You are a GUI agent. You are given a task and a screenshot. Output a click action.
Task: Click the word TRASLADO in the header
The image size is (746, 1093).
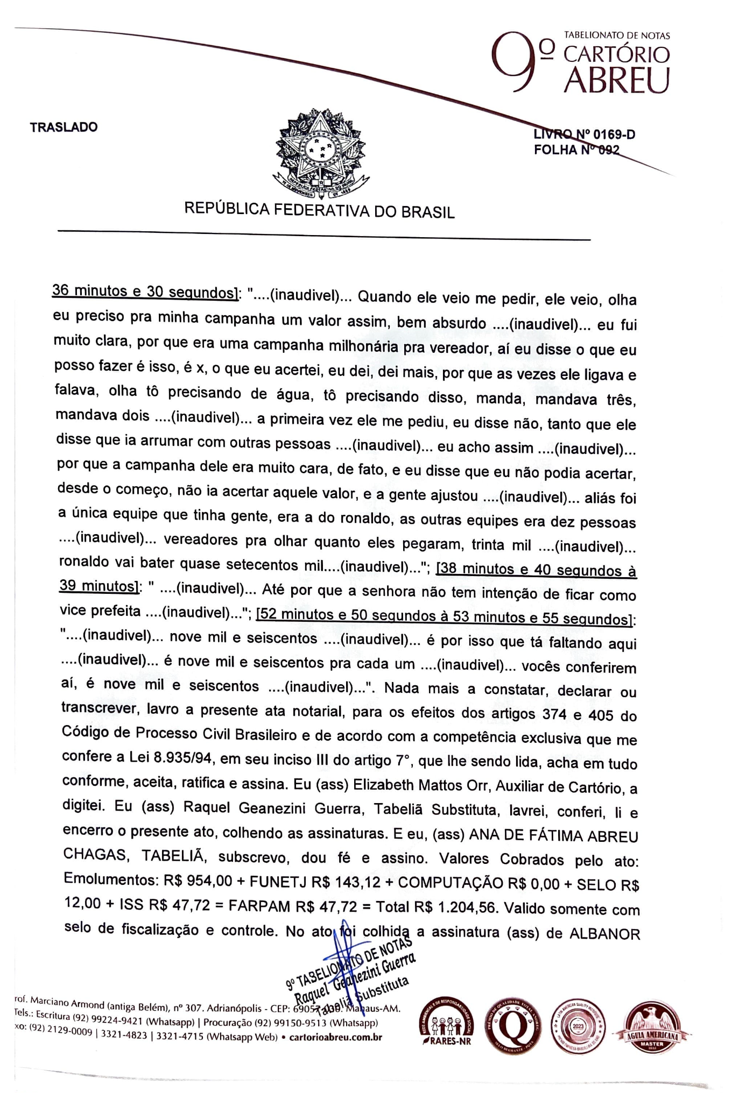64,127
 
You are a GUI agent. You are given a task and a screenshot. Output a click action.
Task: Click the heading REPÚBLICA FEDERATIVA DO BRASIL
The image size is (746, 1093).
319,210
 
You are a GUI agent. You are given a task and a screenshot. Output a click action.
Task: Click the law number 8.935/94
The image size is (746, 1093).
183,757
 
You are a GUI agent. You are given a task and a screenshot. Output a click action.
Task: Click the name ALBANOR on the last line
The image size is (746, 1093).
604,934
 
